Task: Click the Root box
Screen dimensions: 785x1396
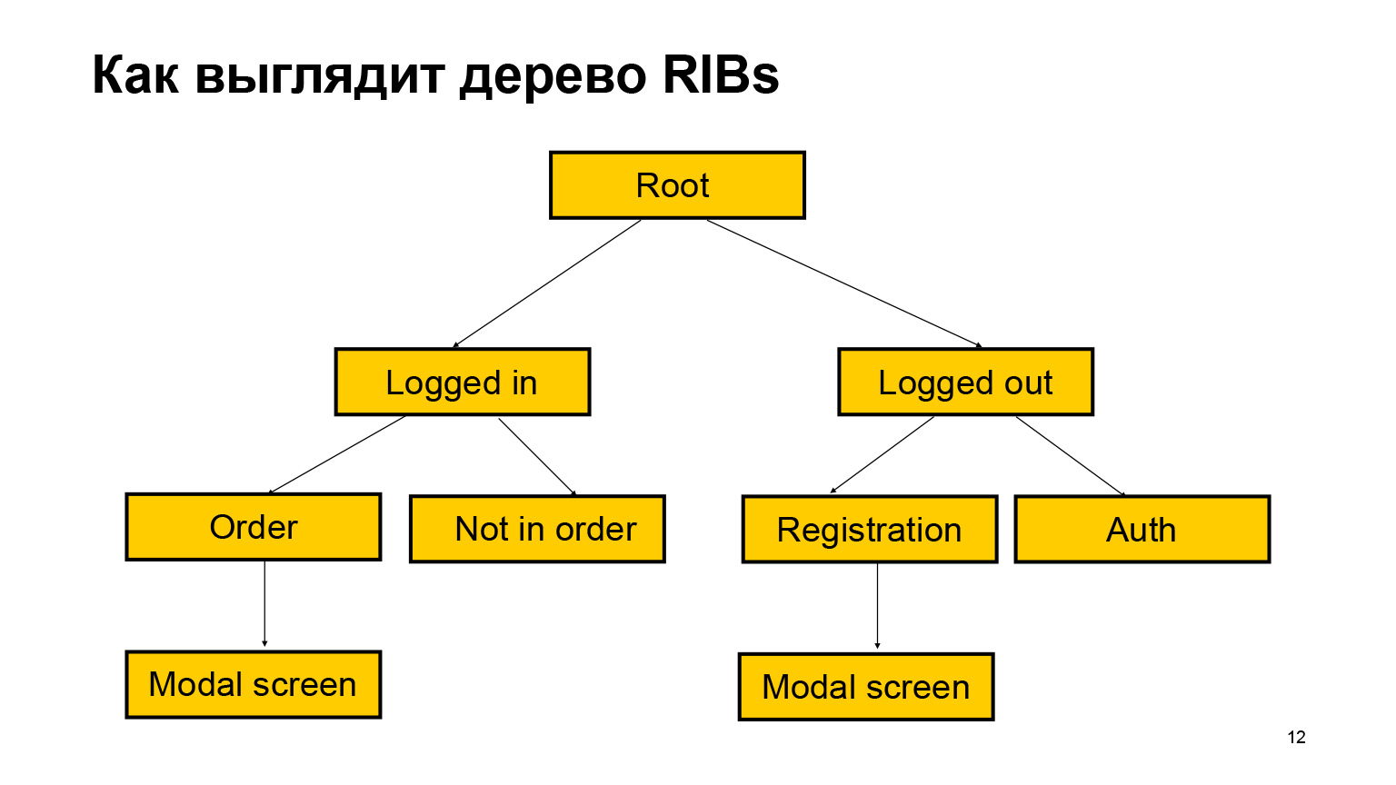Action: (x=677, y=185)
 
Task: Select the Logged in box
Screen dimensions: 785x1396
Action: (x=463, y=383)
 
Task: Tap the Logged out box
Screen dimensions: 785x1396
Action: (x=965, y=383)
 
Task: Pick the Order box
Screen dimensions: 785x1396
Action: (x=254, y=527)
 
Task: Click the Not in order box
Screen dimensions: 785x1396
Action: (x=537, y=529)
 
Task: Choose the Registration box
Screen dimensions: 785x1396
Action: (x=870, y=530)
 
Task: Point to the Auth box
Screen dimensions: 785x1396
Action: (x=1142, y=530)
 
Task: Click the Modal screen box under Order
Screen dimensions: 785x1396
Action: (x=254, y=685)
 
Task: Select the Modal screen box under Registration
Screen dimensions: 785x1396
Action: (x=866, y=687)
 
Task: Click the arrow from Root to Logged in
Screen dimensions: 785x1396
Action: (x=547, y=283)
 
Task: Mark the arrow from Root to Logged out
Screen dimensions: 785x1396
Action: (x=844, y=283)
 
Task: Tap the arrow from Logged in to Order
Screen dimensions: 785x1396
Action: (x=337, y=454)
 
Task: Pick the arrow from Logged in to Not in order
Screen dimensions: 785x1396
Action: (x=537, y=455)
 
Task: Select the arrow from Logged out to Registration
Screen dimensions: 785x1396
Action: (x=882, y=454)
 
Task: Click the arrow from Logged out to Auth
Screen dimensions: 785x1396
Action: (x=1070, y=455)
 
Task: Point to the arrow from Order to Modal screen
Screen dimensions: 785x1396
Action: (x=264, y=603)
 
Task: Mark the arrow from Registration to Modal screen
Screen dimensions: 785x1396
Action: (x=877, y=606)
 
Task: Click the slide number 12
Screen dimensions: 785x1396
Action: (x=1296, y=737)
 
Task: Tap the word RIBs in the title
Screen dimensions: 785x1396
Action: (x=720, y=75)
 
